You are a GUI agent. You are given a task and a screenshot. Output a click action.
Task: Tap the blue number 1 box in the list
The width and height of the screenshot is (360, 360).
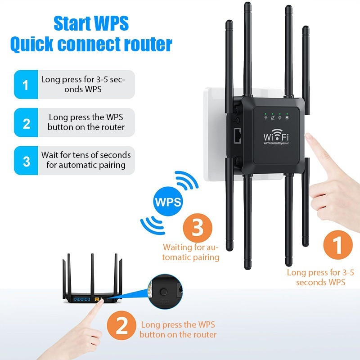point(26,84)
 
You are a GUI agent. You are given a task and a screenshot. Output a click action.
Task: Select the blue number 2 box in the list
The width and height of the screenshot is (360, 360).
point(26,122)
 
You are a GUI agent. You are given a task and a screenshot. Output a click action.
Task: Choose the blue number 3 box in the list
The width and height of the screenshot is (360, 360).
point(26,161)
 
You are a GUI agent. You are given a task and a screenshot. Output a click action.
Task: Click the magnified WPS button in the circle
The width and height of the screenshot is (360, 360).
point(163,292)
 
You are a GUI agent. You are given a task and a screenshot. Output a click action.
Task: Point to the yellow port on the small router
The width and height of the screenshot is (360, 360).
point(96,298)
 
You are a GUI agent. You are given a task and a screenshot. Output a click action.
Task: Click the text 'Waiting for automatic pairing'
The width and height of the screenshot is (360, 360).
point(191,252)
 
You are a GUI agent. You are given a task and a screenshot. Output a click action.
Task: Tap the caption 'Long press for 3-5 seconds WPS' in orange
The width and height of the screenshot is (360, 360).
point(320,277)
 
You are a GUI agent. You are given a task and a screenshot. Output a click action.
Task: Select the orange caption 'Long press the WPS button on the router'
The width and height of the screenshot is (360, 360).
point(178,329)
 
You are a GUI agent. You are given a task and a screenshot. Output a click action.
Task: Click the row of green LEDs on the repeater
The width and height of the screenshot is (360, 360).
point(273,114)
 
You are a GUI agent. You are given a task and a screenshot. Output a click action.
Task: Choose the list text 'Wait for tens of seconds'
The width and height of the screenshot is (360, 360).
point(86,155)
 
